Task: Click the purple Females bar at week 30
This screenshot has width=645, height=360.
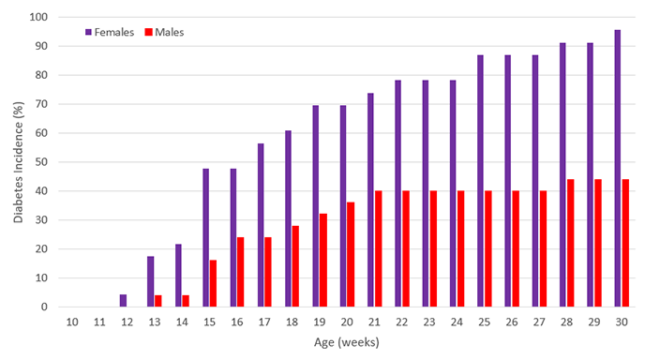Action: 618,169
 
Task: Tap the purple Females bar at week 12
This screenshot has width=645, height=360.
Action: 123,301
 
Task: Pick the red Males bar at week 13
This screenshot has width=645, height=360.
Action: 159,301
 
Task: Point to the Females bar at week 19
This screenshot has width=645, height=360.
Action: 315,206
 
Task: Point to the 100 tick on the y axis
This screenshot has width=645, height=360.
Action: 38,17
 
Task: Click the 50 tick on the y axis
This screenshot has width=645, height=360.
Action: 41,162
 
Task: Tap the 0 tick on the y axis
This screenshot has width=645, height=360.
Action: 44,307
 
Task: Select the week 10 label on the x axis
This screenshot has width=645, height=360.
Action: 71,322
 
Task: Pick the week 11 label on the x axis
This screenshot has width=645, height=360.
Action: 98,322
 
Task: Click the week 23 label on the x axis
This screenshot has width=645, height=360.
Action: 428,322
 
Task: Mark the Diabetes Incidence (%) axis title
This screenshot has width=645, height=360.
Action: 18,161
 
